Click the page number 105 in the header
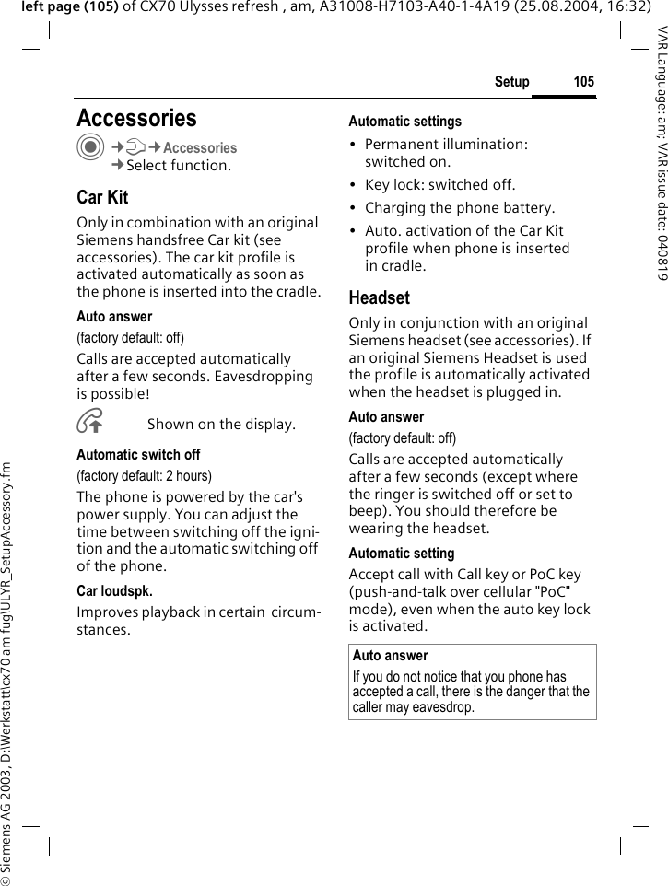pyautogui.click(x=583, y=83)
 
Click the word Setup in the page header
pyautogui.click(x=511, y=83)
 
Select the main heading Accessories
pyautogui.click(x=136, y=118)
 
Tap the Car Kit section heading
pyautogui.click(x=102, y=197)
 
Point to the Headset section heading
pyautogui.click(x=379, y=297)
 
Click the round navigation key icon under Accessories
pyautogui.click(x=89, y=150)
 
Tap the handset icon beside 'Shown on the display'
pyautogui.click(x=90, y=423)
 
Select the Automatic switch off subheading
pyautogui.click(x=138, y=455)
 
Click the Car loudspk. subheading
pyautogui.click(x=114, y=590)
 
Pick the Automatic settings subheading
pyautogui.click(x=404, y=122)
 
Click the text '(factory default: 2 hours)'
pyautogui.click(x=144, y=476)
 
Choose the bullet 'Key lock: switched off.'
pyautogui.click(x=439, y=185)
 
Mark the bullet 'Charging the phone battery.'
pyautogui.click(x=460, y=208)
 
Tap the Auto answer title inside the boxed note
pyautogui.click(x=390, y=656)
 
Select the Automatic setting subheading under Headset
pyautogui.click(x=401, y=554)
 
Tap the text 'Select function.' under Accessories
pyautogui.click(x=179, y=166)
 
